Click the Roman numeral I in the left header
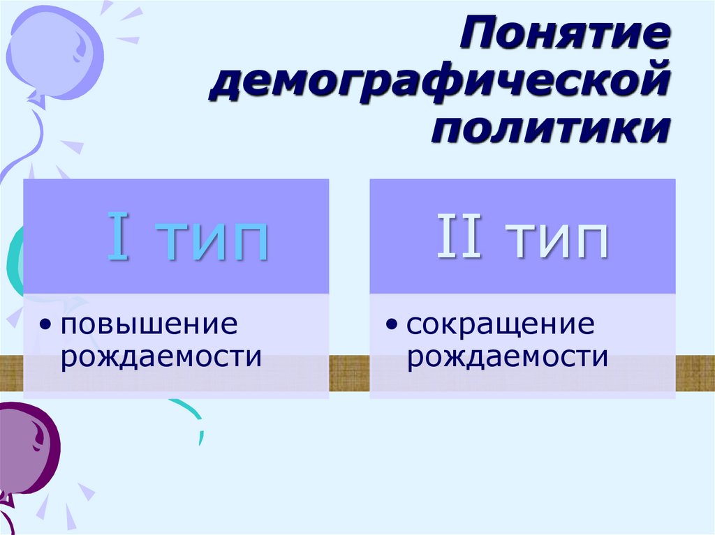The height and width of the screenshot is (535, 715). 118,239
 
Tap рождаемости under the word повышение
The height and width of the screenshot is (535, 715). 161,357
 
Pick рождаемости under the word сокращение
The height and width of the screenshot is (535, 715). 508,357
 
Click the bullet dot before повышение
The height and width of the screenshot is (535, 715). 46,325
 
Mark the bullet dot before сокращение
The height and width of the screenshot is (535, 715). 393,325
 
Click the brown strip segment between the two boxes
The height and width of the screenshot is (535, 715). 349,370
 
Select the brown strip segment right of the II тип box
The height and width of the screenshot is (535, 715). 695,370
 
